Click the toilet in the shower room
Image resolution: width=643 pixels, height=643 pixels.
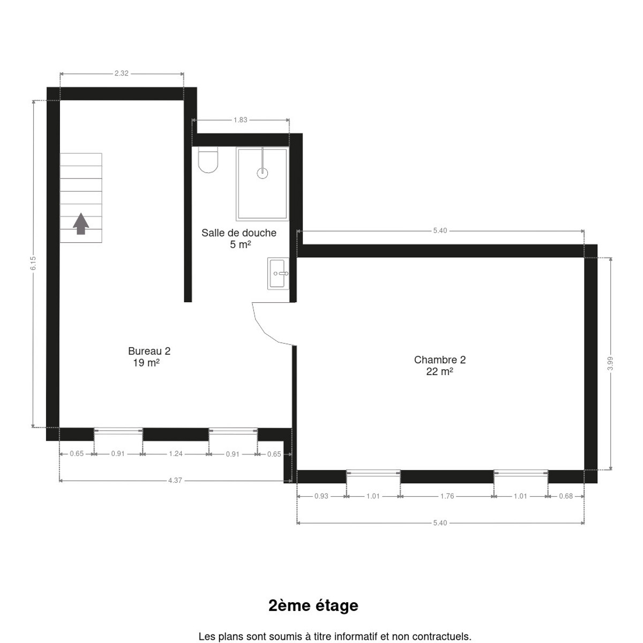click(x=208, y=160)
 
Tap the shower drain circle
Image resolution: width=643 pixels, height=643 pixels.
click(x=262, y=173)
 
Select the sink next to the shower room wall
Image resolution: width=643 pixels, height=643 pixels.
click(x=278, y=273)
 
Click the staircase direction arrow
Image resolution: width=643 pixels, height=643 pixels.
click(x=81, y=223)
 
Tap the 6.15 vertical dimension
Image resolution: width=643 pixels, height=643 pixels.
click(x=33, y=264)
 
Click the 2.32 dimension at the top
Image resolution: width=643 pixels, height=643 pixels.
click(x=122, y=73)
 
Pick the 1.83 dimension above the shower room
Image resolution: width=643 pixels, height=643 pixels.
click(x=240, y=120)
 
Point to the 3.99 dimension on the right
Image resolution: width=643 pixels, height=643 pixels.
click(x=610, y=363)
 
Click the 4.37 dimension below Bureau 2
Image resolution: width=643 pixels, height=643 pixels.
click(x=175, y=480)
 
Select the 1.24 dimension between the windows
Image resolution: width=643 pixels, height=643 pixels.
click(x=176, y=454)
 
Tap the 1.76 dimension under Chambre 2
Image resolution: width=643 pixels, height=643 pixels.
click(x=447, y=496)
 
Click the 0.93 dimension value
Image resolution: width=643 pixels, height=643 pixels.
click(x=322, y=496)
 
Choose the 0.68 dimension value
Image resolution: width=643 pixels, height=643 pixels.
click(x=566, y=496)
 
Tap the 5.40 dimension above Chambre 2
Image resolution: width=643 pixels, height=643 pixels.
click(x=440, y=230)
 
